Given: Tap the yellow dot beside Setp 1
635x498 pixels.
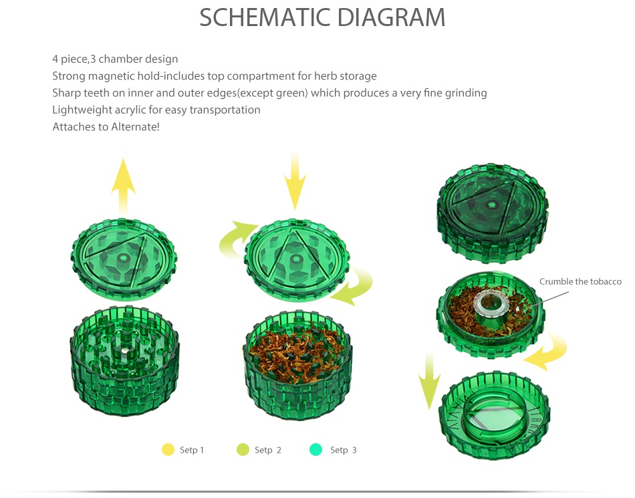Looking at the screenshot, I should (168, 450).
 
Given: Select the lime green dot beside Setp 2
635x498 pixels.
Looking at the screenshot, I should (243, 450).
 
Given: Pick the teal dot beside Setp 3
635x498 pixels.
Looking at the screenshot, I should (316, 450).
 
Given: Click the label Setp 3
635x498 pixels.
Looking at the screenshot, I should (343, 451).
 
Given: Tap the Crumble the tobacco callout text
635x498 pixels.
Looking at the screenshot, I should (580, 282).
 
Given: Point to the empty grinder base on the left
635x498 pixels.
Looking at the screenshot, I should (124, 358).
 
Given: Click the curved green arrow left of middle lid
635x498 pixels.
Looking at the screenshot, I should (235, 239).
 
